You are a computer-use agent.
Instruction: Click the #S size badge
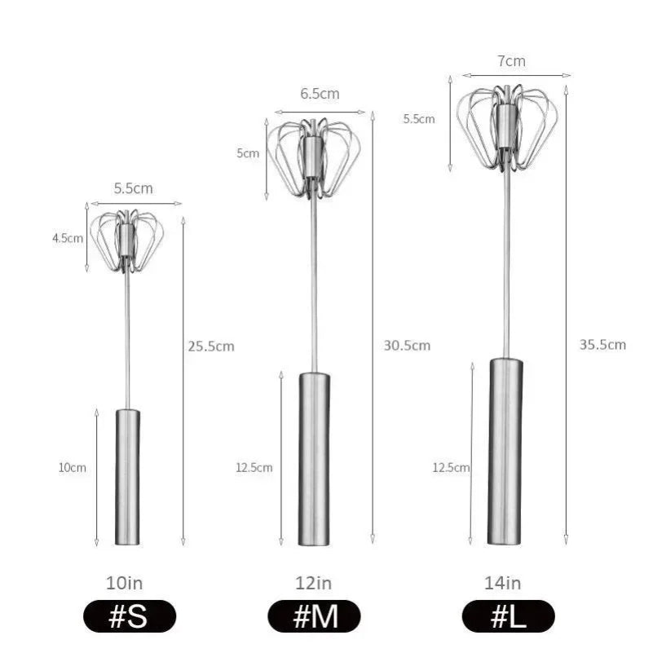(x=128, y=617)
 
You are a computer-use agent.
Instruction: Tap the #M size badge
(x=315, y=617)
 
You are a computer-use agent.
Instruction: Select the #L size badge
(x=508, y=617)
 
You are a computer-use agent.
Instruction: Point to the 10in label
(x=125, y=583)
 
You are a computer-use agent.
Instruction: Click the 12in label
(x=314, y=583)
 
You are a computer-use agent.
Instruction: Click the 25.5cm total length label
(x=211, y=346)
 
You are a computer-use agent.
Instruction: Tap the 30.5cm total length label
(x=407, y=346)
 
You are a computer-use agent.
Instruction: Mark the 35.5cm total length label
(x=602, y=345)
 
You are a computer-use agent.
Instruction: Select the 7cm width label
(x=510, y=61)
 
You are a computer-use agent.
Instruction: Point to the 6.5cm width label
(x=320, y=94)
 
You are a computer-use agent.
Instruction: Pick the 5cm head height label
(x=248, y=153)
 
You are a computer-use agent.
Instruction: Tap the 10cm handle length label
(x=72, y=467)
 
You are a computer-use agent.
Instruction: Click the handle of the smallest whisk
(x=127, y=477)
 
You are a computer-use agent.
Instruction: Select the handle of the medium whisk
(x=315, y=458)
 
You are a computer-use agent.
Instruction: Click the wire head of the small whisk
(x=126, y=240)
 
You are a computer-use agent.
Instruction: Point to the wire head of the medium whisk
(x=314, y=157)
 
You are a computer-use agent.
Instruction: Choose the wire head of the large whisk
(x=507, y=126)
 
